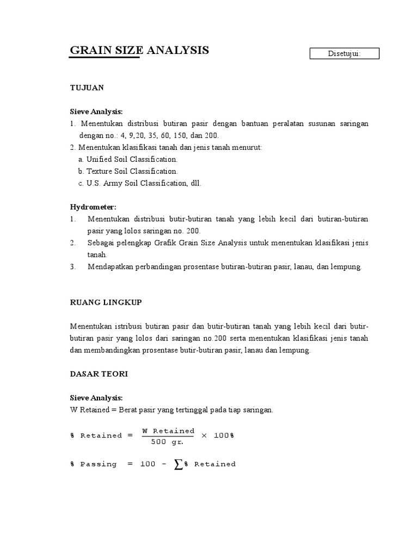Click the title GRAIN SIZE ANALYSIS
(x=139, y=50)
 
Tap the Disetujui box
(x=344, y=53)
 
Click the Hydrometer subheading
(x=93, y=207)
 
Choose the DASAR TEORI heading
(x=99, y=374)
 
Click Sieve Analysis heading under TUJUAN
(x=96, y=112)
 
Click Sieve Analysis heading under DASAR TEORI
(x=96, y=398)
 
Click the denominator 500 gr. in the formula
(x=168, y=442)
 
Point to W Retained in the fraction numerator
(x=168, y=430)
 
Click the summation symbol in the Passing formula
(x=178, y=464)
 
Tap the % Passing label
(x=93, y=464)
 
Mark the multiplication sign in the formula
(x=204, y=436)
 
